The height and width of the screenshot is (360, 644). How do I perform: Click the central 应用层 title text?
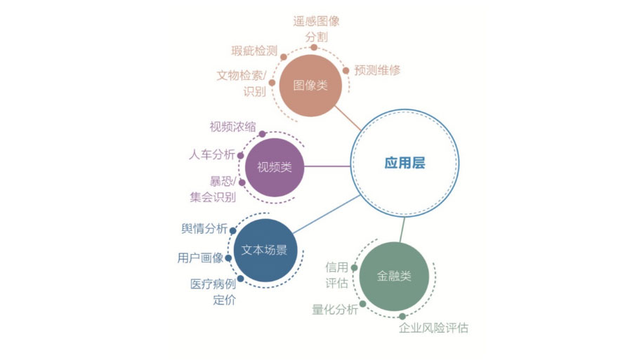click(x=405, y=163)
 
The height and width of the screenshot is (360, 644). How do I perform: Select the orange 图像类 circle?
click(x=310, y=86)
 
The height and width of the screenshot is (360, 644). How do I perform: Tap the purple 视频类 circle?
click(x=275, y=167)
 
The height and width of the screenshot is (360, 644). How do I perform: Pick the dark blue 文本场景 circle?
click(x=265, y=250)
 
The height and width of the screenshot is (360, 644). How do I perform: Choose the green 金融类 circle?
click(x=394, y=276)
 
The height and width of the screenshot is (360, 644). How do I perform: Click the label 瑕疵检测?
click(x=254, y=51)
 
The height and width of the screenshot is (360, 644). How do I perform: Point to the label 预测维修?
click(x=377, y=70)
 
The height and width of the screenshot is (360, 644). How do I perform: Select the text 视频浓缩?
click(x=232, y=127)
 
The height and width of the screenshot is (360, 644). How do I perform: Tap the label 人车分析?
click(x=212, y=154)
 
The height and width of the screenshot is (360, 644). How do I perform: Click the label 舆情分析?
click(x=204, y=229)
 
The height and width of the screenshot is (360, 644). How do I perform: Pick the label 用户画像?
click(x=200, y=258)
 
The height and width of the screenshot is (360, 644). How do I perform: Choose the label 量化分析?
click(x=335, y=309)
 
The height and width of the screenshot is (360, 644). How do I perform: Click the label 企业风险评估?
click(x=433, y=328)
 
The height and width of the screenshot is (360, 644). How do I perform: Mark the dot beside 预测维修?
click(x=346, y=71)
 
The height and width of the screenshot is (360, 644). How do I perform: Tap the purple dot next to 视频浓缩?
click(x=262, y=134)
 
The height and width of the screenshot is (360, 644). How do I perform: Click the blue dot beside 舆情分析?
click(x=232, y=231)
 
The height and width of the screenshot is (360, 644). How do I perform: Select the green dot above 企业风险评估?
click(x=402, y=316)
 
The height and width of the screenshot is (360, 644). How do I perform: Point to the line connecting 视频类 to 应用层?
click(x=327, y=166)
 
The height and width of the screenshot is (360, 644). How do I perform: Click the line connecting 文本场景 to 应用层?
click(x=327, y=214)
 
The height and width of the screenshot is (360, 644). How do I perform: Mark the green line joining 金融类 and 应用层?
click(x=402, y=230)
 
